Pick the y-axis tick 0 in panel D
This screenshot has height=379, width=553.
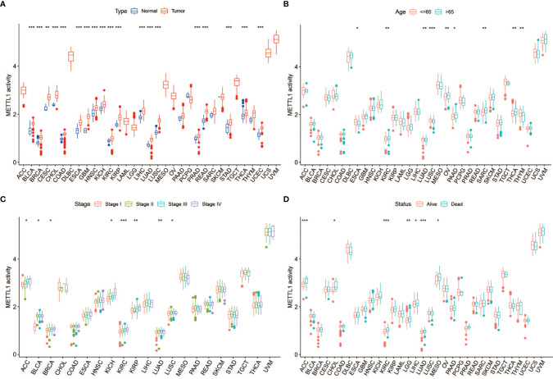(297, 354)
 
